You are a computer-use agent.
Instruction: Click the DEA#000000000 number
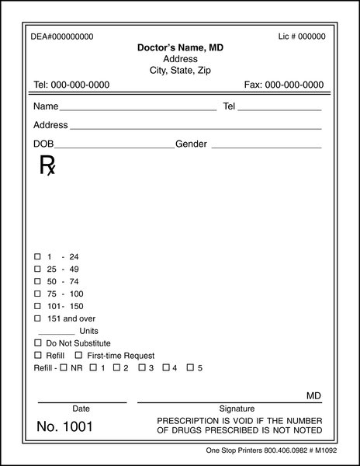click(x=61, y=37)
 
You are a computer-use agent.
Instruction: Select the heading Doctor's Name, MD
click(x=180, y=48)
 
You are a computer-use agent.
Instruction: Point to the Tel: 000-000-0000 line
click(x=71, y=85)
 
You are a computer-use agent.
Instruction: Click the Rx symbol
click(x=47, y=165)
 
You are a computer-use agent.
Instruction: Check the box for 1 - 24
click(x=37, y=256)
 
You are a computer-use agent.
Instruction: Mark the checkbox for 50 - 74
click(x=37, y=281)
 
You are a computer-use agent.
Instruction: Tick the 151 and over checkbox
click(x=37, y=318)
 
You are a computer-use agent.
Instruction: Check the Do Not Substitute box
click(x=37, y=343)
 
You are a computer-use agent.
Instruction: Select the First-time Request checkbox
click(x=78, y=355)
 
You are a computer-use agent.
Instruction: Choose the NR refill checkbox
click(x=64, y=367)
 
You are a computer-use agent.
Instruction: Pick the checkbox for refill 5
click(x=189, y=367)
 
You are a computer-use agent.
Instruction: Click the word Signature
click(x=237, y=409)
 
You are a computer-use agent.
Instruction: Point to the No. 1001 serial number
click(x=65, y=426)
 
